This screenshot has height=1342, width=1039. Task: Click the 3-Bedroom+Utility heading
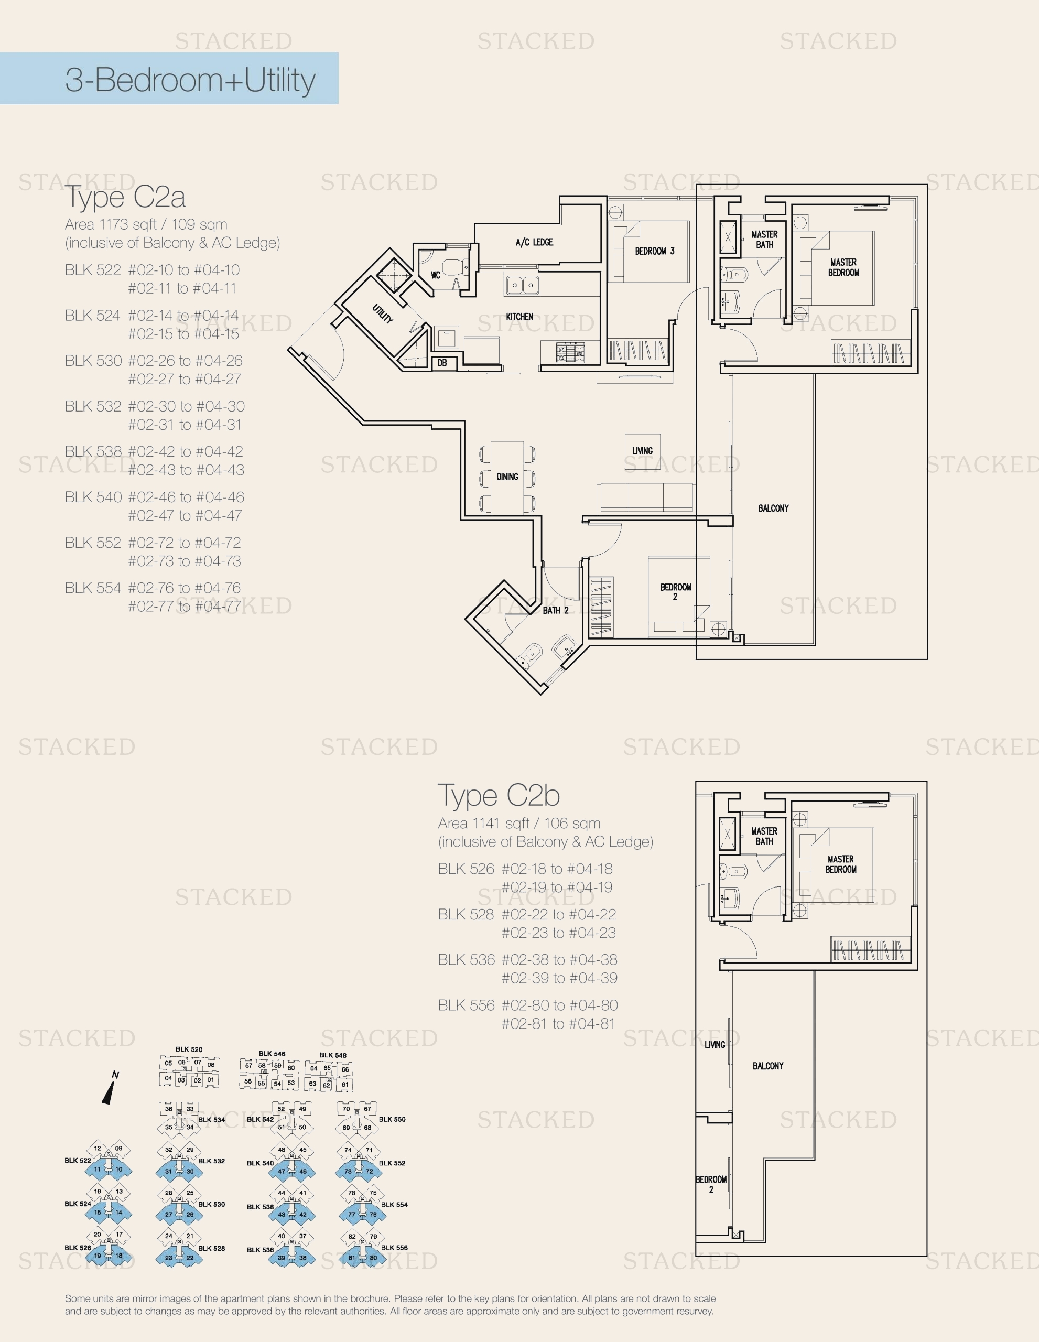coord(190,80)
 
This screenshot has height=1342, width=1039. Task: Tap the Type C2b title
coord(499,795)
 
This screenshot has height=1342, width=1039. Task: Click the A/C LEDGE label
coord(534,242)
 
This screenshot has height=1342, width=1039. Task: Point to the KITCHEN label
coord(519,317)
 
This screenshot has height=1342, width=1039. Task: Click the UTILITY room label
coord(382,314)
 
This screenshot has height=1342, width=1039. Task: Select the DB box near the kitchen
coord(442,363)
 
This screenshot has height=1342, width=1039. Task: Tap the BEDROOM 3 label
coord(654,251)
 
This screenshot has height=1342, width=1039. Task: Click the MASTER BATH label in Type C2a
coord(764,240)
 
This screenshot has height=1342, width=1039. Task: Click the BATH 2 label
coord(555,610)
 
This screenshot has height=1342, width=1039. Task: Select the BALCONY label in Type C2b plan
coord(767,1066)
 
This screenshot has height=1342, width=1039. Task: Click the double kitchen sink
coord(522,285)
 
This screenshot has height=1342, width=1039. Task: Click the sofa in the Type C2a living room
coord(645,496)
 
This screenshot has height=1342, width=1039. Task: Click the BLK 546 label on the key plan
coord(272,1053)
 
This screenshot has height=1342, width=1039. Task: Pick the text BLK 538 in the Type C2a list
coord(93,452)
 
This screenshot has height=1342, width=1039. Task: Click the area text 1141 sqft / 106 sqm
coord(519,824)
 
